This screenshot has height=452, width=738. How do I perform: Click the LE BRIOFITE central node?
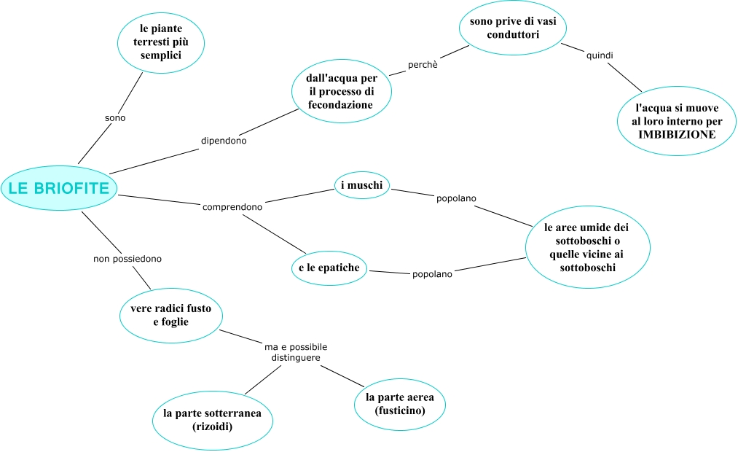59,188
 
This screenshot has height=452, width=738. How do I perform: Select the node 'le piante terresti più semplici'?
160,42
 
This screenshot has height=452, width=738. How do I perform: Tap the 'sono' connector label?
116,117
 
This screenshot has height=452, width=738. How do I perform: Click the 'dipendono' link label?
224,141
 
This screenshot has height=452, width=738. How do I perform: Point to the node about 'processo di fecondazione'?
340,90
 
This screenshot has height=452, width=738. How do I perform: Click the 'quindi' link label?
600,55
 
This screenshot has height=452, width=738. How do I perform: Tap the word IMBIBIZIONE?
677,135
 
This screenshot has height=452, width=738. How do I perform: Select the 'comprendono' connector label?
232,207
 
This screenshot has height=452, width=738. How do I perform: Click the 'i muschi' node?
361,185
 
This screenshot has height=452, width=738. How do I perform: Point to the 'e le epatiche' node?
329,268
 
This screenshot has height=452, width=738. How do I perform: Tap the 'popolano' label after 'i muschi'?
456,198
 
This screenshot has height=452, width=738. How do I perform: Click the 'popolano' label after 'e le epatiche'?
432,275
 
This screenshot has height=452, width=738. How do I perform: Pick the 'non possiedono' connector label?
127,259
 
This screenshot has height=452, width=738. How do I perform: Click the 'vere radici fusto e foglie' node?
170,315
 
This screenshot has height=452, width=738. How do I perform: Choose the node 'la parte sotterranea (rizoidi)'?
213,419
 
